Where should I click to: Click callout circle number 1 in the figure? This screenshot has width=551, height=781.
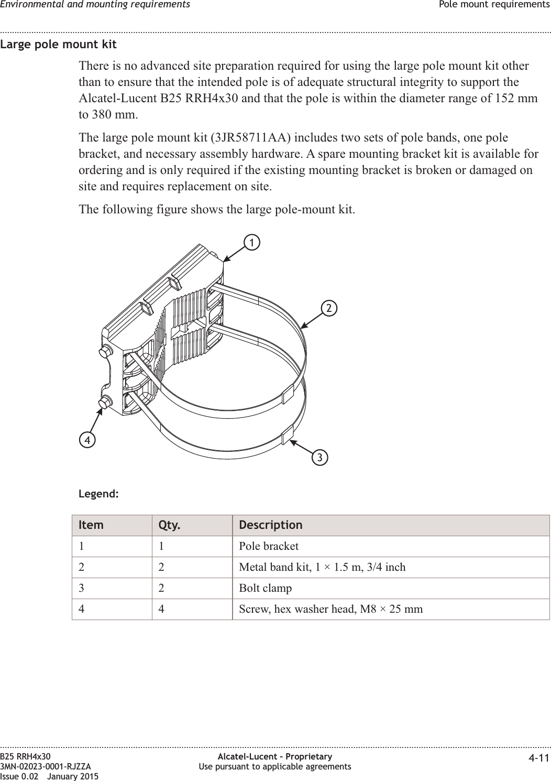pyautogui.click(x=252, y=243)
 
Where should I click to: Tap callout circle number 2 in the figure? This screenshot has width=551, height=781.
pyautogui.click(x=329, y=308)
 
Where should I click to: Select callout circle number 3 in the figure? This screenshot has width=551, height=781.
pyautogui.click(x=319, y=458)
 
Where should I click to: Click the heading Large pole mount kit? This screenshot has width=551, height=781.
pyautogui.click(x=58, y=44)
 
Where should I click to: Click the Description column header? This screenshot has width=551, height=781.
pyautogui.click(x=270, y=525)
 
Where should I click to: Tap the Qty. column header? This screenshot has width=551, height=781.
pyautogui.click(x=169, y=525)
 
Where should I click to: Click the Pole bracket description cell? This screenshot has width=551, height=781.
pyautogui.click(x=269, y=546)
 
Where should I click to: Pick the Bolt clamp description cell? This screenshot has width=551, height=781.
pyautogui.click(x=265, y=588)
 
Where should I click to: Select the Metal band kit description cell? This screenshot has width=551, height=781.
pyautogui.click(x=322, y=567)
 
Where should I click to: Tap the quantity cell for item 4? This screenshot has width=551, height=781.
pyautogui.click(x=161, y=609)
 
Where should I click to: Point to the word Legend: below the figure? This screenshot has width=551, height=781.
pyautogui.click(x=98, y=494)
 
